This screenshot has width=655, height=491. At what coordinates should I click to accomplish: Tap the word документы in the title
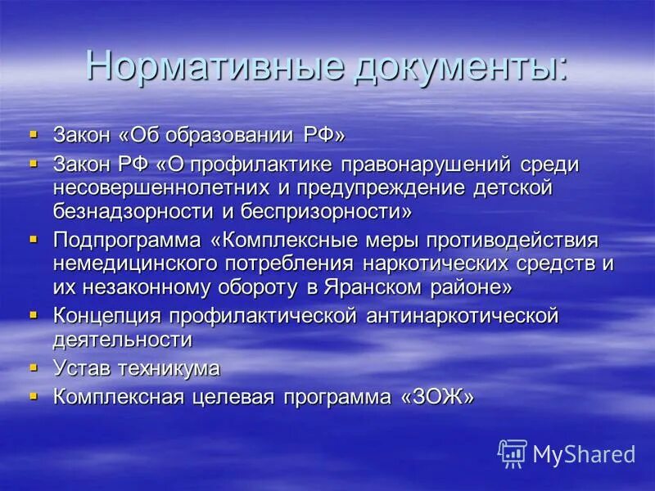pyautogui.click(x=458, y=65)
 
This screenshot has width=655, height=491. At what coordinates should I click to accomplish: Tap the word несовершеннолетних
pyautogui.click(x=162, y=188)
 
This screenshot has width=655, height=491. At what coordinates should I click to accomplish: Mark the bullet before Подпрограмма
pyautogui.click(x=33, y=240)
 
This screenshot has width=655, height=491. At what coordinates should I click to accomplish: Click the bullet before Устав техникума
pyautogui.click(x=33, y=367)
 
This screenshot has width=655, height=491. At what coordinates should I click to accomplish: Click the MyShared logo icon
pyautogui.click(x=513, y=453)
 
